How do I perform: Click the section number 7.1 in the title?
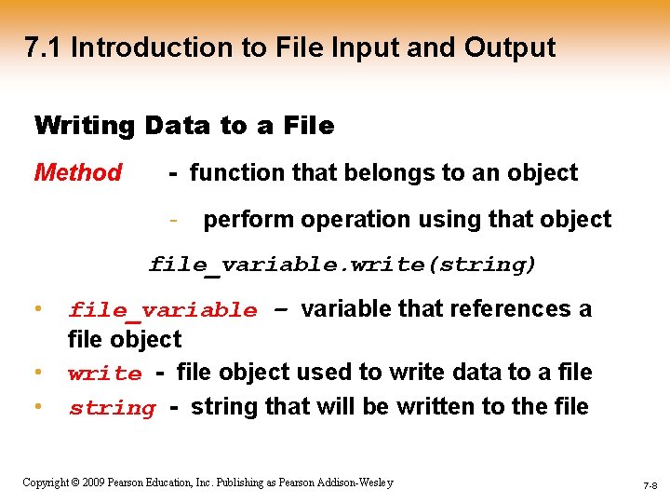pos(44,48)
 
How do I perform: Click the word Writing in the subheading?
pos(85,126)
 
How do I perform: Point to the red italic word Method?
pos(78,173)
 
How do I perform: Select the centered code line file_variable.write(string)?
pos(342,265)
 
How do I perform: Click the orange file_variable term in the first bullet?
pos(163,310)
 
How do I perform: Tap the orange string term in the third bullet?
pos(112,408)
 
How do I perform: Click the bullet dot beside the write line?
pos(38,372)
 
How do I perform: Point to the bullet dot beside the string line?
pos(38,405)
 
